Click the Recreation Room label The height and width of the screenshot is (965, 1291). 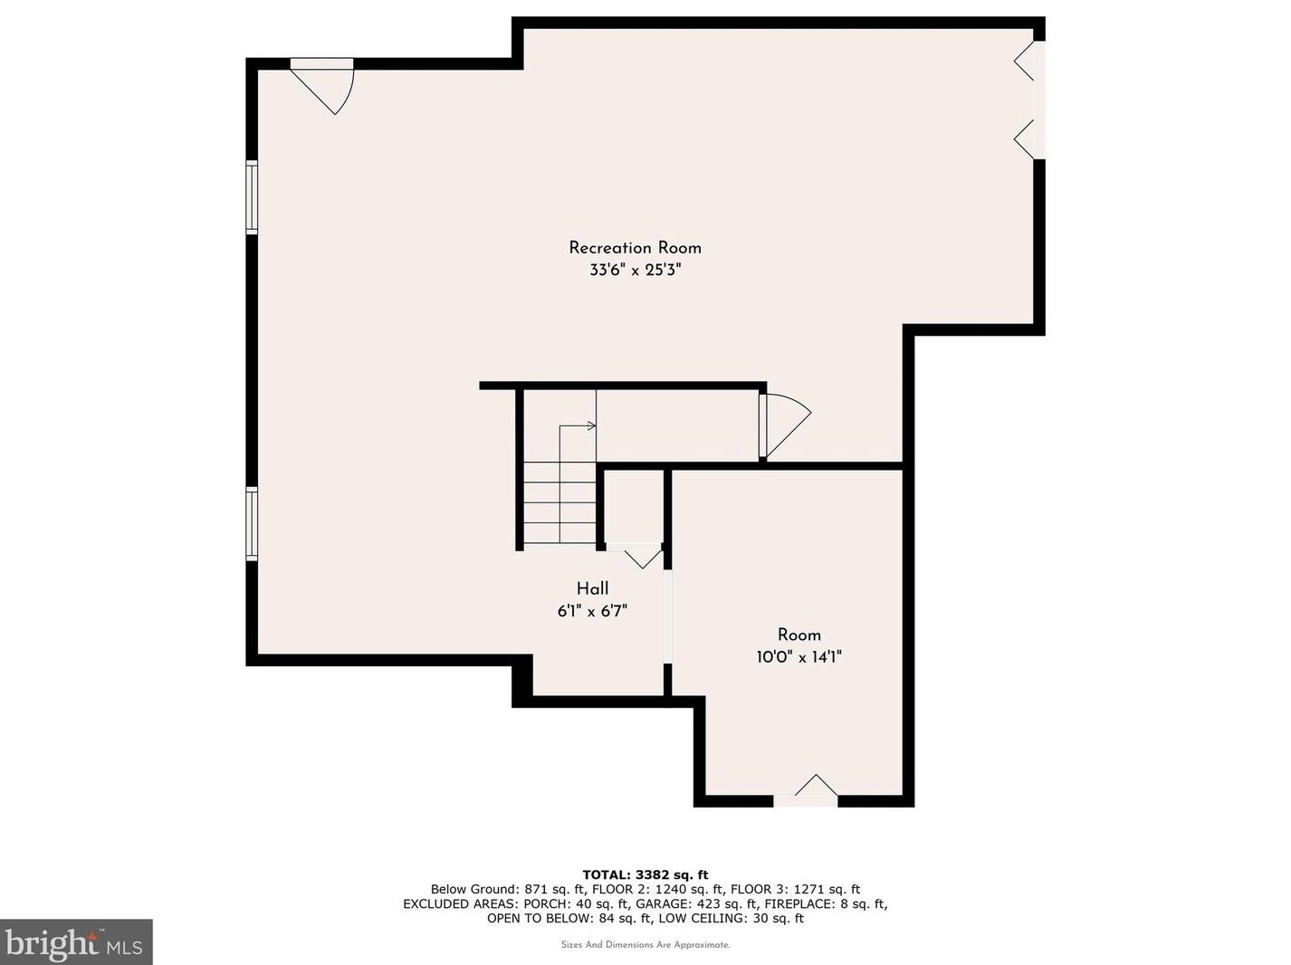pyautogui.click(x=635, y=247)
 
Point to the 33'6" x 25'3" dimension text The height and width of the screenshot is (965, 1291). pyautogui.click(x=636, y=270)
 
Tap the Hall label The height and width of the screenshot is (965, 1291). pyautogui.click(x=592, y=588)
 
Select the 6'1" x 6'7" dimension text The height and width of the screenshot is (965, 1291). pyautogui.click(x=592, y=611)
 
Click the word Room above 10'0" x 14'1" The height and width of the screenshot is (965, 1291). pyautogui.click(x=799, y=635)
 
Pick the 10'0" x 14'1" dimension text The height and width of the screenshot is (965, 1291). pyautogui.click(x=799, y=657)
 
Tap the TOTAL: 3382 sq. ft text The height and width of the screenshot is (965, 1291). pyautogui.click(x=645, y=875)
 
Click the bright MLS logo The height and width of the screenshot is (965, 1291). pyautogui.click(x=76, y=942)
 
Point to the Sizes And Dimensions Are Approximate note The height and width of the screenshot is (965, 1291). pyautogui.click(x=645, y=945)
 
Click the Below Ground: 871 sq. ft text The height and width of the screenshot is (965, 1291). pyautogui.click(x=509, y=889)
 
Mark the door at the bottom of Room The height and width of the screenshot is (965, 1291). pyautogui.click(x=806, y=790)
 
